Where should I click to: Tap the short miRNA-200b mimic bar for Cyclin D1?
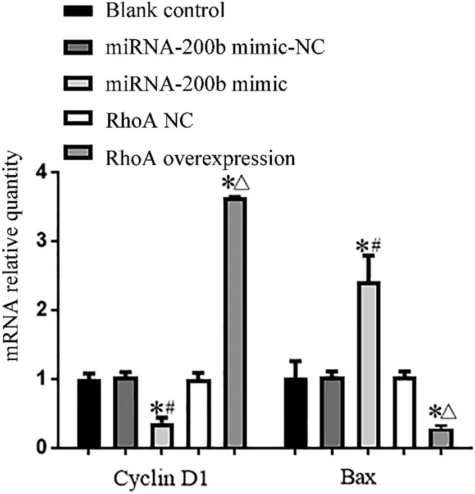(x=163, y=435)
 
